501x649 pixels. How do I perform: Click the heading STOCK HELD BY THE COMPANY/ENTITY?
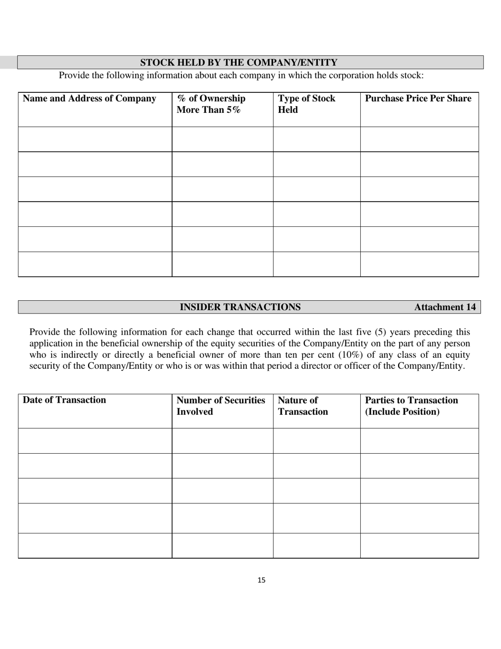238,63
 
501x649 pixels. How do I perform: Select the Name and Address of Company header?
90,99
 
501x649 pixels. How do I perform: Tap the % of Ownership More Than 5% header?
211,104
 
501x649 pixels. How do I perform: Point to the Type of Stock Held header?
306,104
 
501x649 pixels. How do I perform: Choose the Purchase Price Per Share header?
418,99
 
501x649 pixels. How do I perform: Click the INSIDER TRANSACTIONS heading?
240,307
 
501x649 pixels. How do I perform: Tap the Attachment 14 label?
445,307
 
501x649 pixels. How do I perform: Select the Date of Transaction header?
64,400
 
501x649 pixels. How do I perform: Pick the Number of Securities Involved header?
220,406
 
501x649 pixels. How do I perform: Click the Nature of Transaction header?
303,406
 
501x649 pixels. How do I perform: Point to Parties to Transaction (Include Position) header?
411,406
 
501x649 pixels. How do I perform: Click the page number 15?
262,580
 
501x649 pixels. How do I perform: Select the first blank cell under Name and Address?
95,139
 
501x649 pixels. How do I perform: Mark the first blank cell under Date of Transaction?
95,441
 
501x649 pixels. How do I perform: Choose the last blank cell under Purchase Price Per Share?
419,264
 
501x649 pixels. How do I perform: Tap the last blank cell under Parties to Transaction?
419,546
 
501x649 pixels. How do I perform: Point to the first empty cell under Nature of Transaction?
316,441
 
